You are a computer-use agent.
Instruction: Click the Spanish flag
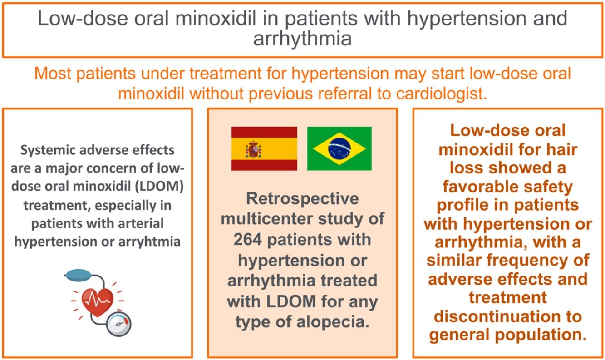tap(264, 148)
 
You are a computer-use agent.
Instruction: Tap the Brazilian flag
tap(339, 148)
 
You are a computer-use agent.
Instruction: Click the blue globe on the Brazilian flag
tap(339, 148)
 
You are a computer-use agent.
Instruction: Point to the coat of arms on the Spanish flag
tap(253, 149)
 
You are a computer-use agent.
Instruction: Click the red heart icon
tap(98, 302)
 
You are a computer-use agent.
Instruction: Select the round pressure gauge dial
tap(119, 324)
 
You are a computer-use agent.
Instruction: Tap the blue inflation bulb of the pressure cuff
tap(79, 275)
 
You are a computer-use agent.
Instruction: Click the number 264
tap(247, 240)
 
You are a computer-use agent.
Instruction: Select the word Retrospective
tap(302, 198)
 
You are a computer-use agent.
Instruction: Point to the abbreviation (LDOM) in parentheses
tap(159, 186)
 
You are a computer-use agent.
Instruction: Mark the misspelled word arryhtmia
tap(149, 242)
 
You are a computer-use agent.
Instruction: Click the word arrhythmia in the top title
tap(302, 39)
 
